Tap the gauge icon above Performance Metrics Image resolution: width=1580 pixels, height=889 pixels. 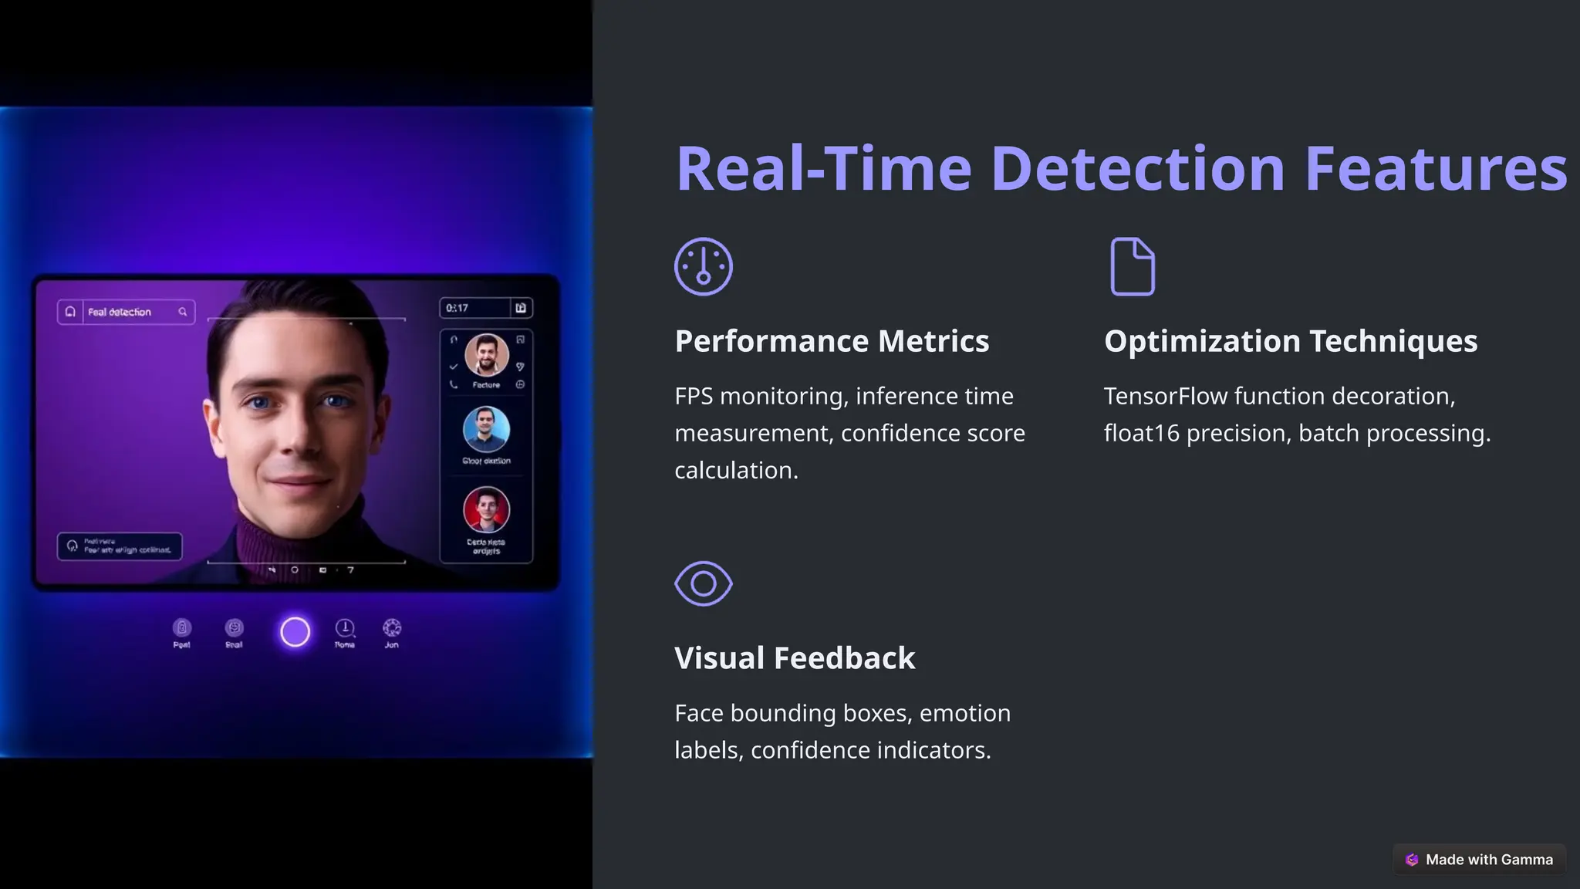pos(703,266)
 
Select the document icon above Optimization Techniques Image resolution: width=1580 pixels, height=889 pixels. pos(1132,266)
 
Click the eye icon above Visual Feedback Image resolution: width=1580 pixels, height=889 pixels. pos(703,583)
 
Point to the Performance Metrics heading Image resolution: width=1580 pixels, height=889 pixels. pos(832,341)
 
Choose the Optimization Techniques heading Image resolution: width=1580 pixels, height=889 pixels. pos(1290,341)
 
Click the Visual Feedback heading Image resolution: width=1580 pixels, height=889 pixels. pos(795,658)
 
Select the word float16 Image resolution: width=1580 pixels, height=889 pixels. pos(1141,433)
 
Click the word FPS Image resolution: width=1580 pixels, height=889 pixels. pos(693,396)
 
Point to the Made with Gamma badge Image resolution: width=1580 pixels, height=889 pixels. pos(1480,859)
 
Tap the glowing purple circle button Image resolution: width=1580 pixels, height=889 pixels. pos(295,632)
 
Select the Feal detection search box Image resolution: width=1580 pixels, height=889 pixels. pos(126,312)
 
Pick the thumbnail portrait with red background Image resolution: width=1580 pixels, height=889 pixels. pos(486,510)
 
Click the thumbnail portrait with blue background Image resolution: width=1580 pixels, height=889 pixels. pos(486,429)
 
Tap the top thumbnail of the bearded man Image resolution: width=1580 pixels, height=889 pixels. pos(486,355)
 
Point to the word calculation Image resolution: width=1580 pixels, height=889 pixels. pos(736,470)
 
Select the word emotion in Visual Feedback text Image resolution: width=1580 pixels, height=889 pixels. pos(964,713)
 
